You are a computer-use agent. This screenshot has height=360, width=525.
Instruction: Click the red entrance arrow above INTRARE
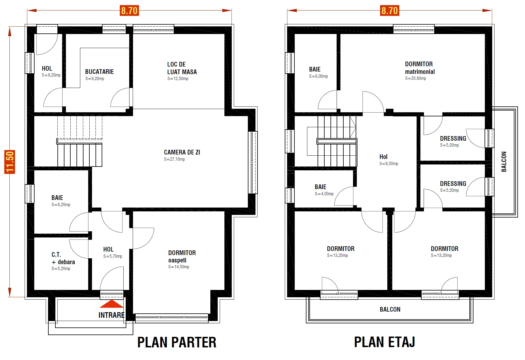(111, 304)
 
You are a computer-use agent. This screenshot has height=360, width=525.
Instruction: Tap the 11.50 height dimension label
(10, 162)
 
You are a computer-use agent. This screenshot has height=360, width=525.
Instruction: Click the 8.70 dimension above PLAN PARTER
(129, 11)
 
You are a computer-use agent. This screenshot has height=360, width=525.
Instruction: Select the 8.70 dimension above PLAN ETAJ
(390, 11)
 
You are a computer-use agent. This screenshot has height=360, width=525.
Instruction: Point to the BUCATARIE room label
(99, 72)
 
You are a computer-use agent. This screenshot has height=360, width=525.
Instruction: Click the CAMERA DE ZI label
(182, 152)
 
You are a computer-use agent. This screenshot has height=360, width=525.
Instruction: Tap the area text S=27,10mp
(174, 159)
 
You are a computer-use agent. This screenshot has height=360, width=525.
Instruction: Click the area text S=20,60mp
(416, 78)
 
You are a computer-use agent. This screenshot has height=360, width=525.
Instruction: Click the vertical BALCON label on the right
(504, 162)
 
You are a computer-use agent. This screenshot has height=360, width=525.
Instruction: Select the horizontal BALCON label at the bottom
(390, 310)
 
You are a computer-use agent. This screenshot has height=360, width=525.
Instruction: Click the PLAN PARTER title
(177, 342)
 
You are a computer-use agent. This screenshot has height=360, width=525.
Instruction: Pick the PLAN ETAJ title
(385, 342)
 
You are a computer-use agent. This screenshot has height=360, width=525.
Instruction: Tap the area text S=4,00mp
(324, 194)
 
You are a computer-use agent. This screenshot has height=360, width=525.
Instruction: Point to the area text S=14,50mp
(179, 267)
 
